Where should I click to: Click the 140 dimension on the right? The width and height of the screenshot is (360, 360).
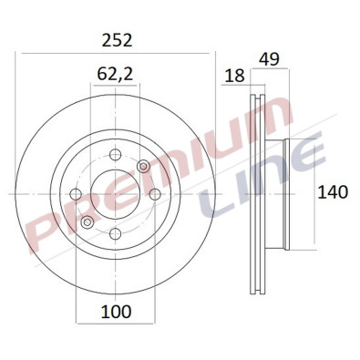(333, 192)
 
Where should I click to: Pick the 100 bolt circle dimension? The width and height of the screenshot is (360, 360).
(115, 311)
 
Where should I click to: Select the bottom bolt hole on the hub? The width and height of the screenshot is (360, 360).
(115, 234)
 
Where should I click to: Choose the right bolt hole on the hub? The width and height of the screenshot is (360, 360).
(155, 193)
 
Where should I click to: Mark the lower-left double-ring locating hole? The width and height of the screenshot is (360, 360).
(87, 222)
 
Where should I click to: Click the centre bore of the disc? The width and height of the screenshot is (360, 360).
(115, 193)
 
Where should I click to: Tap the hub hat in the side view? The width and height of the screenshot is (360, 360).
(277, 193)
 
